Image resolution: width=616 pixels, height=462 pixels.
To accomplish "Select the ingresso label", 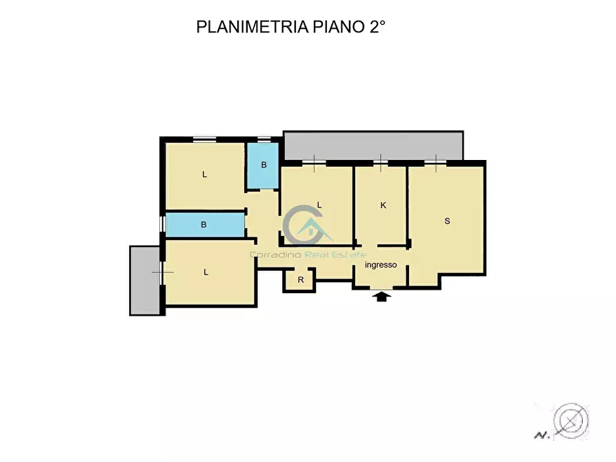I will pos(381,265).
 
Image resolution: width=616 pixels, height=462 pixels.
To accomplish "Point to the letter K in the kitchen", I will pos(384,205).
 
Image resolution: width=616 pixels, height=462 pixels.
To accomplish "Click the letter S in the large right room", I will pos(447,221).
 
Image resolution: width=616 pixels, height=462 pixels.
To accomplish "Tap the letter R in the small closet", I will pos(301,280).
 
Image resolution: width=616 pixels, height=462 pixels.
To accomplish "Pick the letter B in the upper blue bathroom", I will pos(264,165).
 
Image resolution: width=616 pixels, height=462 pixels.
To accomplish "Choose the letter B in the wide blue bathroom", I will pos(203,225).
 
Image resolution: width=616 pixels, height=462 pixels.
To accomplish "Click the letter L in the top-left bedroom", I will pos(204,174).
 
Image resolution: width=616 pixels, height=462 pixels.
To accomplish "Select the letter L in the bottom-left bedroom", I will pos(206,272).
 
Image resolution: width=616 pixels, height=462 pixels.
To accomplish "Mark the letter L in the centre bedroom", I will pos(319,204).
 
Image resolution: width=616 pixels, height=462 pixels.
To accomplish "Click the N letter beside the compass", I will pos(540,434).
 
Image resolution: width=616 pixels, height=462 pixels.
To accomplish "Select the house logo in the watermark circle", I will pos(310,228).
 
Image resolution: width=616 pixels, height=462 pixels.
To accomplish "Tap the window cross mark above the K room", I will pos(381,163).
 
